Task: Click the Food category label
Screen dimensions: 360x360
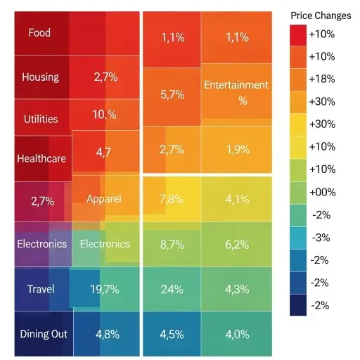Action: pos(39,32)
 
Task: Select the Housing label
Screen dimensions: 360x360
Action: pos(40,77)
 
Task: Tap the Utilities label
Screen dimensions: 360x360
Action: pos(41,119)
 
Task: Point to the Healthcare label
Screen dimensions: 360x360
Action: pos(41,158)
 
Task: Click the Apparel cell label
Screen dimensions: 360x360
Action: pos(104,199)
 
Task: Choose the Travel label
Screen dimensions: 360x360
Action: pos(41,289)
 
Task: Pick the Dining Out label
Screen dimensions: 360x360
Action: pos(44,333)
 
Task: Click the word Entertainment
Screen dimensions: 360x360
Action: pos(236,85)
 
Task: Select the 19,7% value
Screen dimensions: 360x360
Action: pos(104,289)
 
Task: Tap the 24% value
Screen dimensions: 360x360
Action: pos(172,289)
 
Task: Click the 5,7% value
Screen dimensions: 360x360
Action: pos(172,94)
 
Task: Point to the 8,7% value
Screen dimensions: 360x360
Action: pos(172,244)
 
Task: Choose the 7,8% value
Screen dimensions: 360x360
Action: pos(172,199)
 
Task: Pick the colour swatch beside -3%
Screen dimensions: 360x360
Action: pos(298,238)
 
